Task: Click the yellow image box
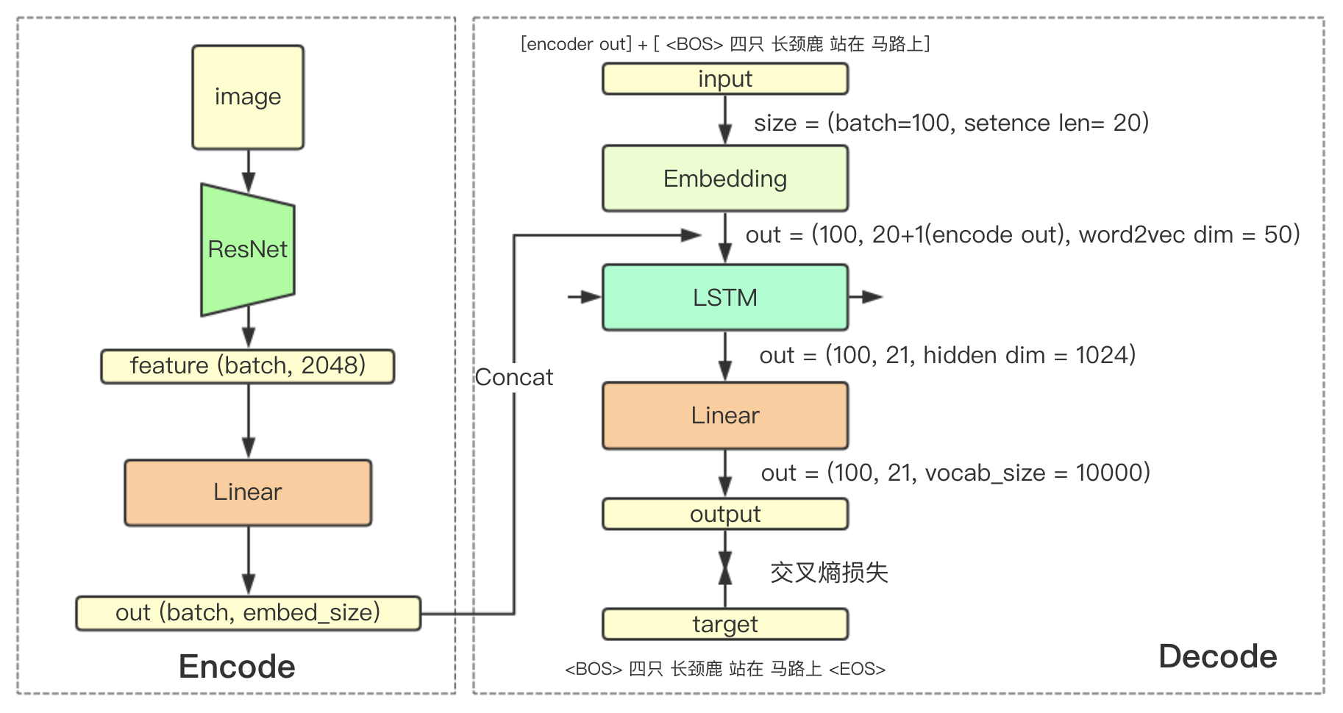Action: click(248, 97)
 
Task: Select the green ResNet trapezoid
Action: click(248, 250)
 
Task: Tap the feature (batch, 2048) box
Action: click(248, 366)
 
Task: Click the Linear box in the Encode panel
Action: click(248, 492)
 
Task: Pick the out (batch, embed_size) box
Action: click(248, 613)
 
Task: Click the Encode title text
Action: click(237, 667)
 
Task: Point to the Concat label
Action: click(513, 377)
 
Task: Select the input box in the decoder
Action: click(725, 79)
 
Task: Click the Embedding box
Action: click(725, 179)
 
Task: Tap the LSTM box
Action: click(725, 298)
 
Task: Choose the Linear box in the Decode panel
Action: click(725, 415)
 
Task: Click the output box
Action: click(725, 514)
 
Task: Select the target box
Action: click(725, 624)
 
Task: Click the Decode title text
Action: click(1217, 656)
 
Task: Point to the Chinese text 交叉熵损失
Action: click(829, 572)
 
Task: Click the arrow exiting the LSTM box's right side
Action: click(866, 297)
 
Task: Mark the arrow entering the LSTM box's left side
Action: click(585, 297)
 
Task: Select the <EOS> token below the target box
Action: click(857, 669)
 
